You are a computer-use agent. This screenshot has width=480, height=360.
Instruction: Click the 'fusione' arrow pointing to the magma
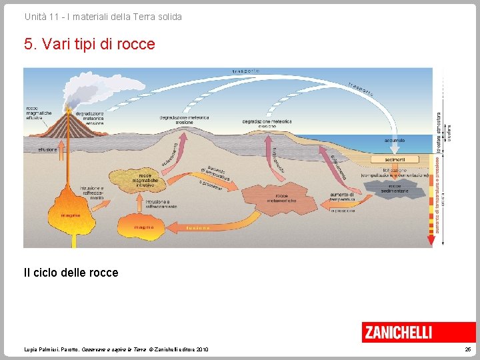[x=200, y=227]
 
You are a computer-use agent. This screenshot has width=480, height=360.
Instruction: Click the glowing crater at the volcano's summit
[x=68, y=111]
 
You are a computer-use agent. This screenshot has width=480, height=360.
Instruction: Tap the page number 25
[x=467, y=349]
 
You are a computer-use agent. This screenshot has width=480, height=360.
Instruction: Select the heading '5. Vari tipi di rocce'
[x=89, y=44]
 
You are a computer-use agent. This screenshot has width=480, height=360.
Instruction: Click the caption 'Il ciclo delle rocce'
[x=71, y=272]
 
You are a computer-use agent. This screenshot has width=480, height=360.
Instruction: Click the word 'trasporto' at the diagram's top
[x=246, y=70]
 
